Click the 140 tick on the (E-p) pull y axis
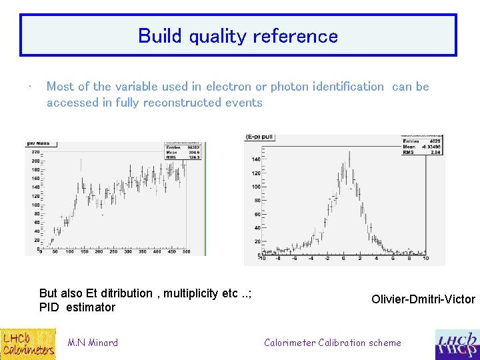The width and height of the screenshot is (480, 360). [255, 159]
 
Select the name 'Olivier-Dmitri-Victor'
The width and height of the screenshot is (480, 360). [423, 299]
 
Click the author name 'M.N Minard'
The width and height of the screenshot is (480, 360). [93, 343]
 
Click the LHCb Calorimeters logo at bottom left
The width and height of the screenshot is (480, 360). [27, 344]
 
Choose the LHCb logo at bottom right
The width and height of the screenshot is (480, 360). [457, 345]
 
